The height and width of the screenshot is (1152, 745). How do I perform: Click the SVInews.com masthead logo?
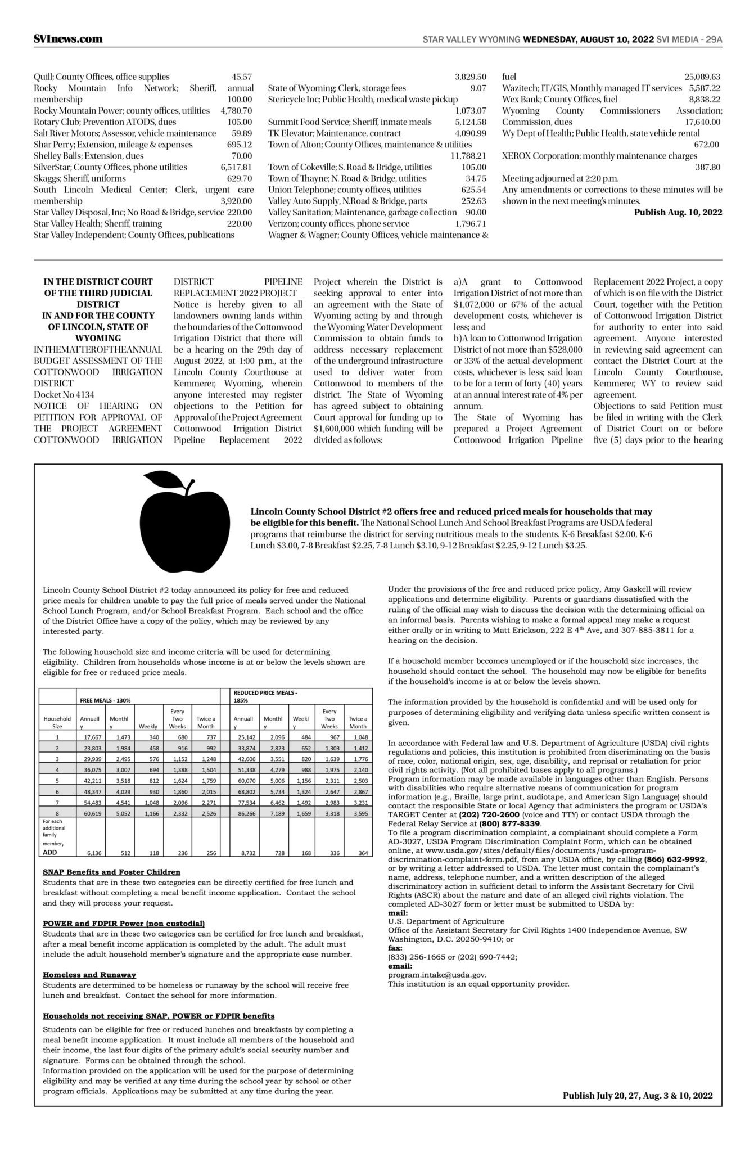(x=68, y=39)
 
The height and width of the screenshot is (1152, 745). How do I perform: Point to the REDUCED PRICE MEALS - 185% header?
(x=265, y=696)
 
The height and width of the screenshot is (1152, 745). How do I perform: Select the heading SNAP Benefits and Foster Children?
(x=111, y=872)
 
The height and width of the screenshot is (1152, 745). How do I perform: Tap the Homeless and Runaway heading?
(x=89, y=975)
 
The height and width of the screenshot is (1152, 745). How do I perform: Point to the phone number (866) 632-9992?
(x=675, y=859)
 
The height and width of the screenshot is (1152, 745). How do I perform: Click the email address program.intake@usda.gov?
(x=437, y=975)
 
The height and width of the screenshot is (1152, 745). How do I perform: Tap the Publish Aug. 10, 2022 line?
(x=678, y=212)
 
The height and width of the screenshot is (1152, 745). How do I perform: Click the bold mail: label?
(x=398, y=912)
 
